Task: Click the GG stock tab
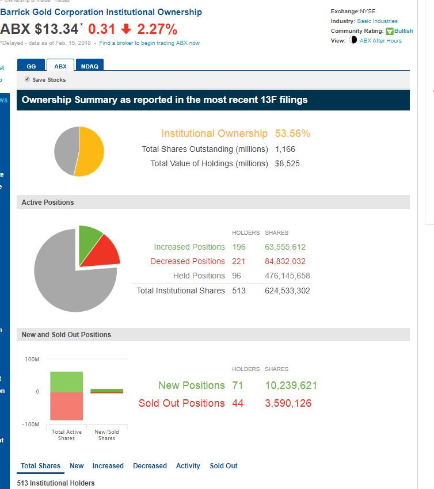tap(31, 66)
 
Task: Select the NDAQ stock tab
tap(89, 66)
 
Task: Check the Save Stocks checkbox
tap(27, 79)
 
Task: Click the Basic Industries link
tap(377, 21)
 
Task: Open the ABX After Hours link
tap(380, 41)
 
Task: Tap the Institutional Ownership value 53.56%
tap(292, 133)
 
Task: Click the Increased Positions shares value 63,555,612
tap(285, 247)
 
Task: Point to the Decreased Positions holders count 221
tap(238, 261)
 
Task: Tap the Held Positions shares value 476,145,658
tap(287, 276)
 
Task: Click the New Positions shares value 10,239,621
tap(291, 385)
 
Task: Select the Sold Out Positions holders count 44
tap(238, 403)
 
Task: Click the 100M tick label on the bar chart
tap(32, 360)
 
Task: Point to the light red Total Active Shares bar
tap(66, 406)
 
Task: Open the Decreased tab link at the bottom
tap(150, 466)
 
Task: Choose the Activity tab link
tap(188, 466)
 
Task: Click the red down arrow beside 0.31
tap(126, 29)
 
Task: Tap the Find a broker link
tap(149, 43)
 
